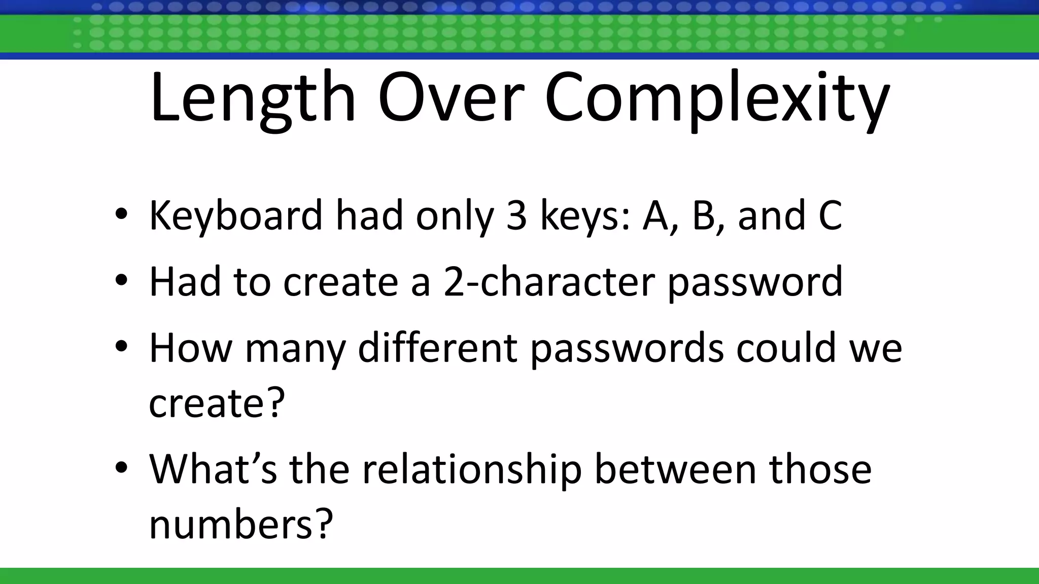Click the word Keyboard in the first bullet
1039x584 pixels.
tap(235, 216)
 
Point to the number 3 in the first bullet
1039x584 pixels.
tap(516, 215)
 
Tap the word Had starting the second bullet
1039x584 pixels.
tap(185, 281)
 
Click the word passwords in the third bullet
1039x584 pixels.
tap(627, 350)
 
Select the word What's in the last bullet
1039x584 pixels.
tap(213, 469)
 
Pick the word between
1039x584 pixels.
tap(676, 469)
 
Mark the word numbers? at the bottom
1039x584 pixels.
tap(240, 524)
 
